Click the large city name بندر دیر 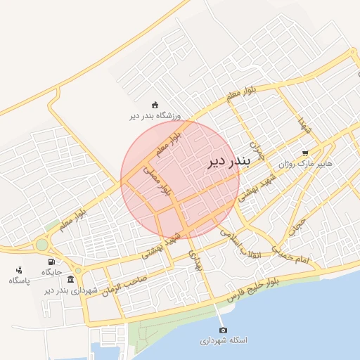(x=229, y=162)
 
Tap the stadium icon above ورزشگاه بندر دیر (x=155, y=105)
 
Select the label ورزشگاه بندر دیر (x=155, y=116)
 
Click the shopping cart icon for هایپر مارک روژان (x=304, y=153)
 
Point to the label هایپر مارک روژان (x=305, y=164)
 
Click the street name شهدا (x=303, y=127)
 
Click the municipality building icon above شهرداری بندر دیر (x=70, y=280)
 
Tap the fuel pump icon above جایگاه (x=51, y=261)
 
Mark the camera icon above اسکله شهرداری (x=223, y=330)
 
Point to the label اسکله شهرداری (x=223, y=340)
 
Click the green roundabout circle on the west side (x=42, y=245)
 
